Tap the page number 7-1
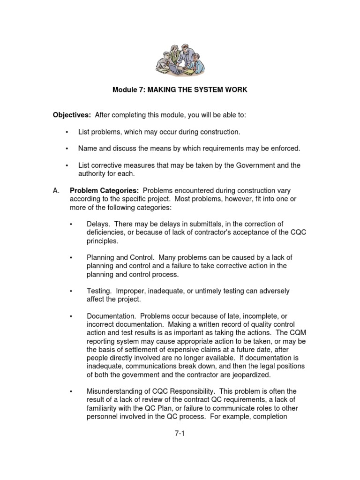(x=180, y=434)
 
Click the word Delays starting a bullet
(x=98, y=224)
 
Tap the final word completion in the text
(x=269, y=416)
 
